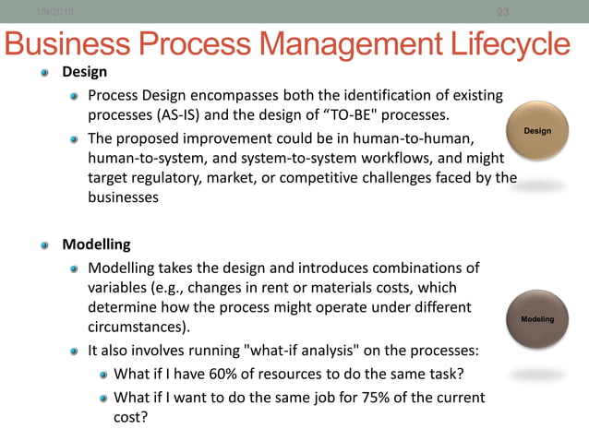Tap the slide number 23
coord(503,11)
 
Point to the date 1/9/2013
coord(54,11)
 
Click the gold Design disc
coord(537,132)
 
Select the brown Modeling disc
coord(537,319)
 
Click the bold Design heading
coord(84,72)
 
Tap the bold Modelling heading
coord(96,244)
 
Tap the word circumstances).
coord(139,327)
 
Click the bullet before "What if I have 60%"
coord(104,375)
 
